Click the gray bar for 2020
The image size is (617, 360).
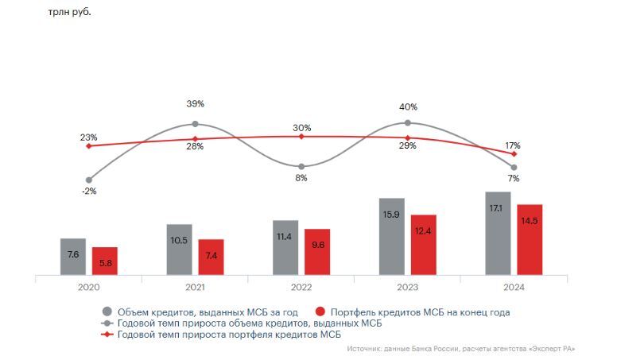72,256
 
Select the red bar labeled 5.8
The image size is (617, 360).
104,261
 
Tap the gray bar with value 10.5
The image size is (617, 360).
179,249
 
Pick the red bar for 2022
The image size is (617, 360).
317,252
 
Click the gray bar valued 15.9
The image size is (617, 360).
391,236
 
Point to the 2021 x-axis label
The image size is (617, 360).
195,288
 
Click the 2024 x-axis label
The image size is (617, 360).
514,288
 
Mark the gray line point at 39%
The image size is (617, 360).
195,124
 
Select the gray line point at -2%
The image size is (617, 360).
89,180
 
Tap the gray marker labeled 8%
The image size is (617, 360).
301,166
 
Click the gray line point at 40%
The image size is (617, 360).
407,122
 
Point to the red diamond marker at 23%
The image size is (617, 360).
89,146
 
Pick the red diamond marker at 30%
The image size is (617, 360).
301,137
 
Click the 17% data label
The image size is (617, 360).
513,145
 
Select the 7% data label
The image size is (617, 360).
514,179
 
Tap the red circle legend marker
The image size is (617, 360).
322,312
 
